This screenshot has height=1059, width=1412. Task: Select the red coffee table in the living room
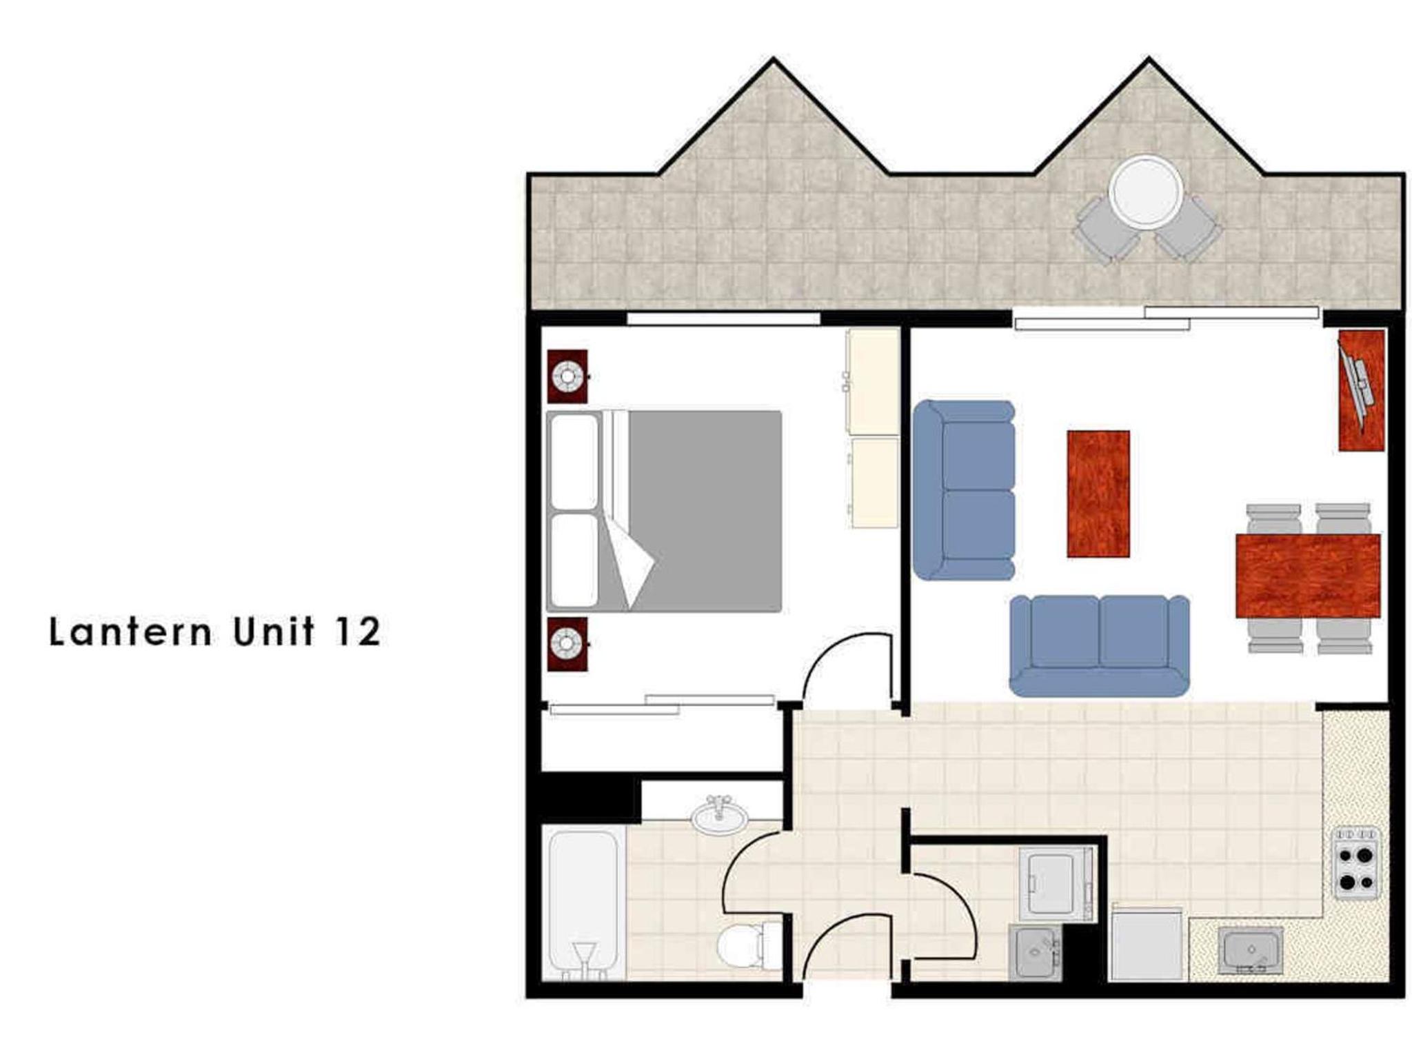click(x=1098, y=494)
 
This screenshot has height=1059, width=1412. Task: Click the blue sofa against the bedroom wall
click(x=964, y=490)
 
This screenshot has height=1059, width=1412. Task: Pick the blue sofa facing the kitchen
click(x=1099, y=646)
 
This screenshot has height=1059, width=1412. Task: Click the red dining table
click(x=1307, y=576)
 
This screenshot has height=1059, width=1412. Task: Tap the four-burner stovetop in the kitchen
click(x=1355, y=863)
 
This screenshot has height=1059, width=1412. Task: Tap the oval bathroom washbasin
click(x=719, y=815)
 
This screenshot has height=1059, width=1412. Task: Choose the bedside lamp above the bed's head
click(x=567, y=376)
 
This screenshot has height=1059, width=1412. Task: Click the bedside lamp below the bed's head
click(x=567, y=644)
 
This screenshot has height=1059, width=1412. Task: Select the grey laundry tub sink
click(x=1035, y=952)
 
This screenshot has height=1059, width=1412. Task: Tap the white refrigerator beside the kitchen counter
click(x=1146, y=944)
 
